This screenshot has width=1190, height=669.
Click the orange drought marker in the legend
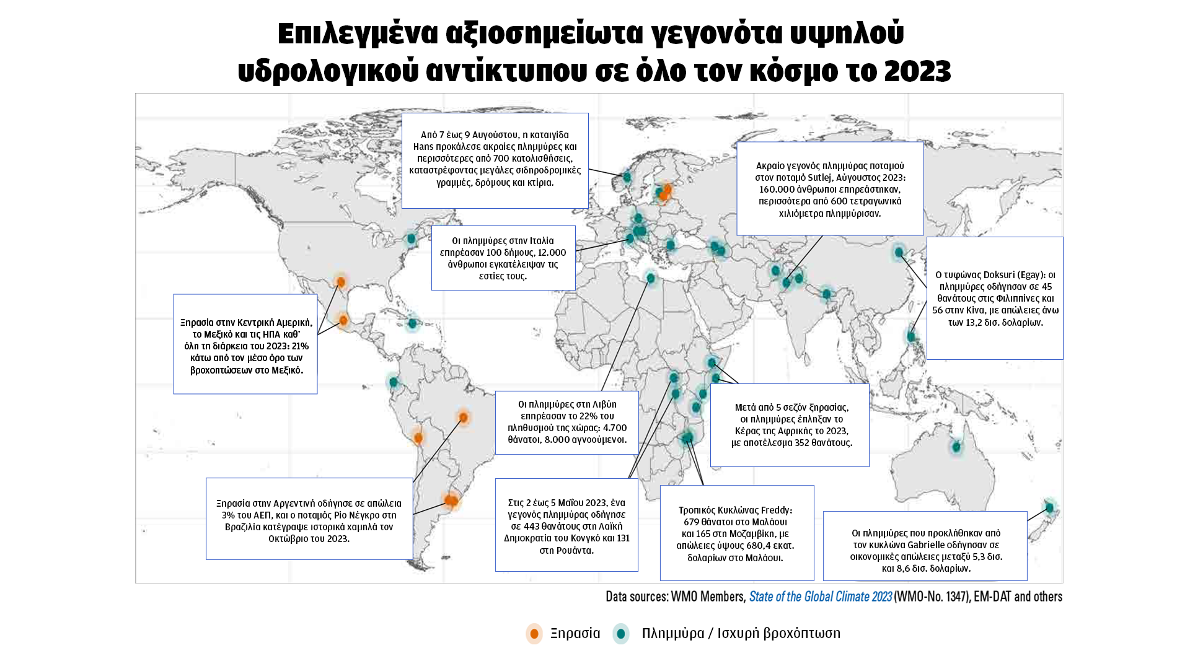(x=534, y=634)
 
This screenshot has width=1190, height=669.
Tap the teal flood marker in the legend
(x=620, y=634)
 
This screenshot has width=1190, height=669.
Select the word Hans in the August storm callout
(x=423, y=147)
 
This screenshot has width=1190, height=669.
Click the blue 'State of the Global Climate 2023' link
(x=820, y=597)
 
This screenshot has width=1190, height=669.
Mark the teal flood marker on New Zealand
(x=1049, y=508)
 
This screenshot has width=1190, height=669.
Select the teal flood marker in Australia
(x=956, y=447)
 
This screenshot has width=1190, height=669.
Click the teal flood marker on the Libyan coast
(x=650, y=278)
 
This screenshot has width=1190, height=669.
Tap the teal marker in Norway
(x=627, y=177)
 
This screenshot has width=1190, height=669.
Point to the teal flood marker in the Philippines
(x=911, y=336)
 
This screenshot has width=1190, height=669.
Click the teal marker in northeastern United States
(x=411, y=238)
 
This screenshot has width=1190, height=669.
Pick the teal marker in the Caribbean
(x=412, y=323)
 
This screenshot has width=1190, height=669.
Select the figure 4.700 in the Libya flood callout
(x=615, y=428)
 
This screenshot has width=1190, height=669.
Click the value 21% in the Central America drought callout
(x=301, y=346)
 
